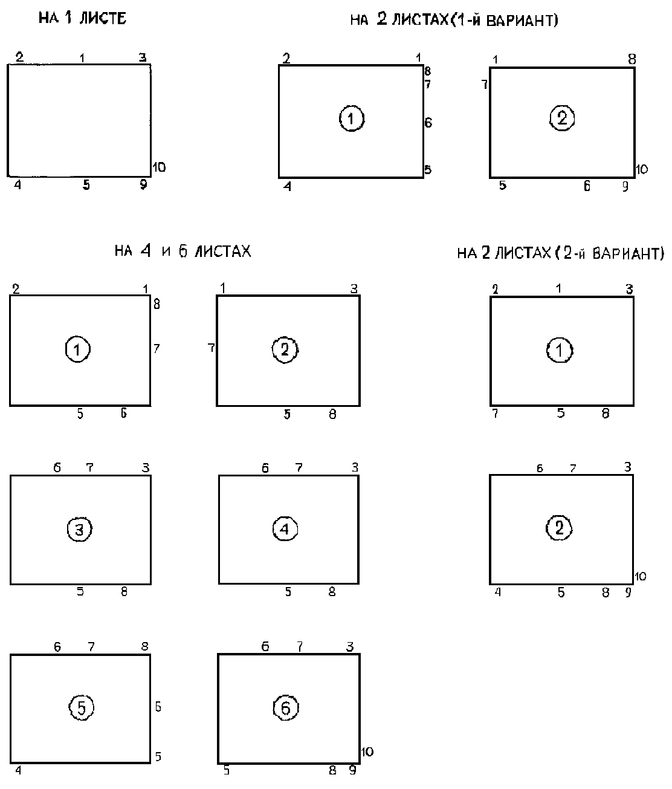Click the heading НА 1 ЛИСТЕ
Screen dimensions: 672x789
(82, 18)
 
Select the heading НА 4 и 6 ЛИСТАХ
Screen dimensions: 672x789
(183, 251)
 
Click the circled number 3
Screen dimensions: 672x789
(79, 529)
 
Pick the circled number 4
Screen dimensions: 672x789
(285, 529)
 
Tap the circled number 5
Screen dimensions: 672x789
(81, 707)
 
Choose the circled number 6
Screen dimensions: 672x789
(286, 707)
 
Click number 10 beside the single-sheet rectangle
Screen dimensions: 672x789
(159, 167)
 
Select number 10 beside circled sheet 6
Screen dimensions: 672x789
(367, 752)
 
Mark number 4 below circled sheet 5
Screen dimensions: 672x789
(18, 770)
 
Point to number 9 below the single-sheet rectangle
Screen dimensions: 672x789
(143, 185)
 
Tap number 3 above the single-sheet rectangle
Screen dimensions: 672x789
(143, 57)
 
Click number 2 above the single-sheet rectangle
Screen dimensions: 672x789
(20, 57)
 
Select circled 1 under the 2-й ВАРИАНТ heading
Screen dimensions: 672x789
(560, 350)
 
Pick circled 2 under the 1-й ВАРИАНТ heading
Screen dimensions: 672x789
(562, 119)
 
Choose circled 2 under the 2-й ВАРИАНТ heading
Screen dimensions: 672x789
(559, 528)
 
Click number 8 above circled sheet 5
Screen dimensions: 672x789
(144, 646)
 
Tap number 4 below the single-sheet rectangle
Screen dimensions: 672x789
(18, 185)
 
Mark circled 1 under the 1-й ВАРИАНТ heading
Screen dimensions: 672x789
(351, 119)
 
